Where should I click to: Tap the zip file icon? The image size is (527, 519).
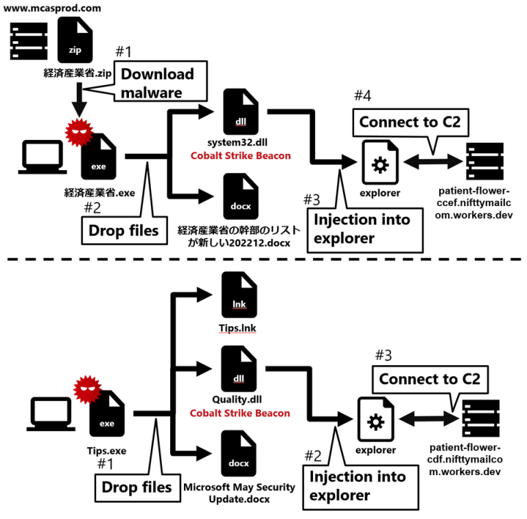tap(75, 41)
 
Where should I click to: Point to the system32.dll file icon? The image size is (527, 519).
tap(240, 114)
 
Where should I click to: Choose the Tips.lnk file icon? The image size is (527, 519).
tap(239, 295)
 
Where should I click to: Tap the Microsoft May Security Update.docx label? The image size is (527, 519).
tap(239, 492)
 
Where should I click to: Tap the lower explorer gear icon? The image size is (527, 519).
tap(375, 419)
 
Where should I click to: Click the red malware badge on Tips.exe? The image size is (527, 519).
tap(86, 391)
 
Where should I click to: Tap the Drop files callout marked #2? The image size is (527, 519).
tap(124, 229)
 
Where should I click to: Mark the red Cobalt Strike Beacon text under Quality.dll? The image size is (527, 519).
tap(239, 413)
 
